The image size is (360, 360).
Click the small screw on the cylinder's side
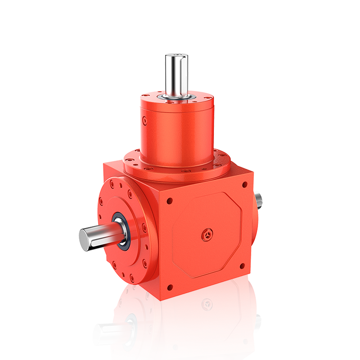[144, 121]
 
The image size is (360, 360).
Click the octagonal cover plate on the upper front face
[207, 234]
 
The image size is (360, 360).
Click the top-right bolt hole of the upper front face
[244, 184]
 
